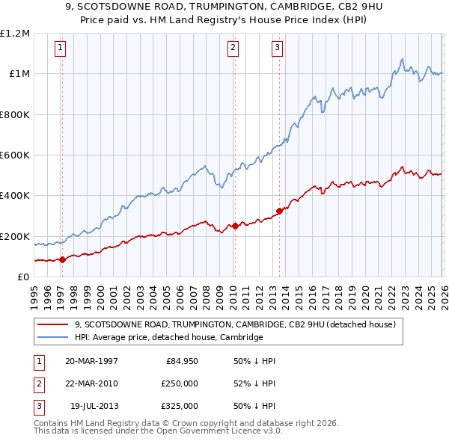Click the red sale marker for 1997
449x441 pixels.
coord(62,259)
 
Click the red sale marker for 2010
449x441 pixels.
coord(234,226)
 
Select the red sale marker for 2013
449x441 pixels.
coord(279,211)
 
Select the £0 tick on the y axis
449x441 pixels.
coord(23,277)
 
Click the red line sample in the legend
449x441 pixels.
coord(53,324)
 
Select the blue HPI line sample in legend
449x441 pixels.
coord(53,337)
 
